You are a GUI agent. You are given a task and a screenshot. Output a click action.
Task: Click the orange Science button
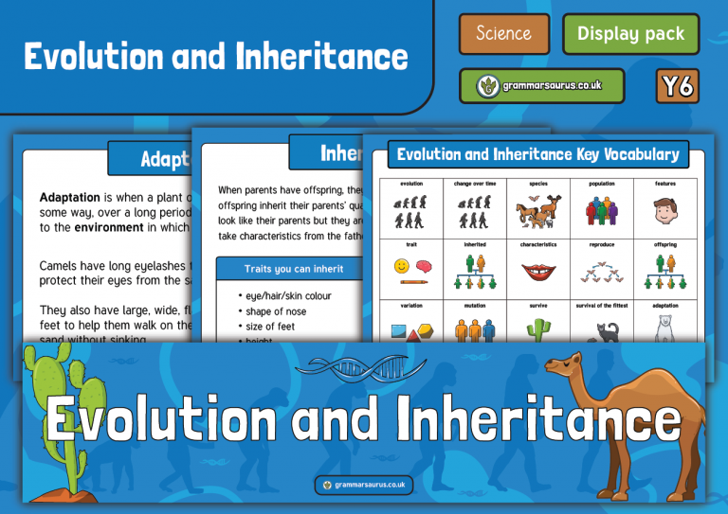tap(503, 34)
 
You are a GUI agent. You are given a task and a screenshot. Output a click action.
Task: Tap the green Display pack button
tap(630, 34)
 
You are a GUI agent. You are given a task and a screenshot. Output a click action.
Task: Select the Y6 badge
tap(677, 86)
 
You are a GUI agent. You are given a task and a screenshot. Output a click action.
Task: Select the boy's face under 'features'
tap(664, 209)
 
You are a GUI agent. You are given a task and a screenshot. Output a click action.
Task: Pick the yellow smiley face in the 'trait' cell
tap(402, 266)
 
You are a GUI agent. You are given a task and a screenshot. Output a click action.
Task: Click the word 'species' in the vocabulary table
tap(537, 183)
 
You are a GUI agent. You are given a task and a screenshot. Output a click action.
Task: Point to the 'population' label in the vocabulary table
tap(602, 183)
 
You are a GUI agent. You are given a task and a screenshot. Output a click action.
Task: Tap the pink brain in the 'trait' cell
tap(423, 266)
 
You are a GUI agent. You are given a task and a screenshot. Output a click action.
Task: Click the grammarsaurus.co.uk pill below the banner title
tap(364, 485)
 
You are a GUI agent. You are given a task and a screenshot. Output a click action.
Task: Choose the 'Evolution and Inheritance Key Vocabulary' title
tap(537, 154)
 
